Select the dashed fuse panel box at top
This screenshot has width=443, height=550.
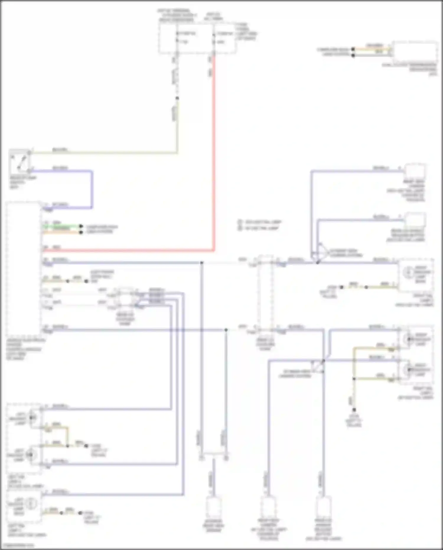click(x=197, y=38)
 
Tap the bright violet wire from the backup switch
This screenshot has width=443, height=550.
click(x=92, y=189)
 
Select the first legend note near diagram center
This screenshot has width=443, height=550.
click(x=260, y=222)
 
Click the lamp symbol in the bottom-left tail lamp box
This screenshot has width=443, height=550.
click(x=31, y=503)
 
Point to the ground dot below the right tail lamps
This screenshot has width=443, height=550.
click(x=354, y=410)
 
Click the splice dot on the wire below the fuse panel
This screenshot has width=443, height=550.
click(x=177, y=98)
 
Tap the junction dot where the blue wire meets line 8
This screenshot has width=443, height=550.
click(x=202, y=262)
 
